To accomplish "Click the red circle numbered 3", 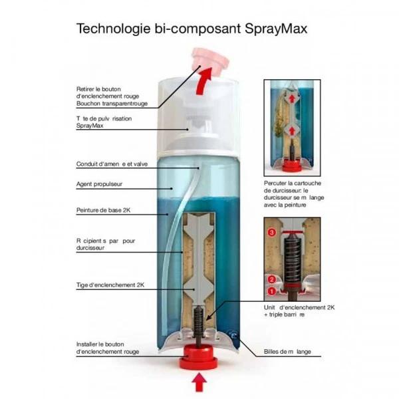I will pyautogui.click(x=271, y=233).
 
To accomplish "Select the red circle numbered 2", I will pyautogui.click(x=271, y=279).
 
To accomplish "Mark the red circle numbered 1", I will pyautogui.click(x=271, y=291).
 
